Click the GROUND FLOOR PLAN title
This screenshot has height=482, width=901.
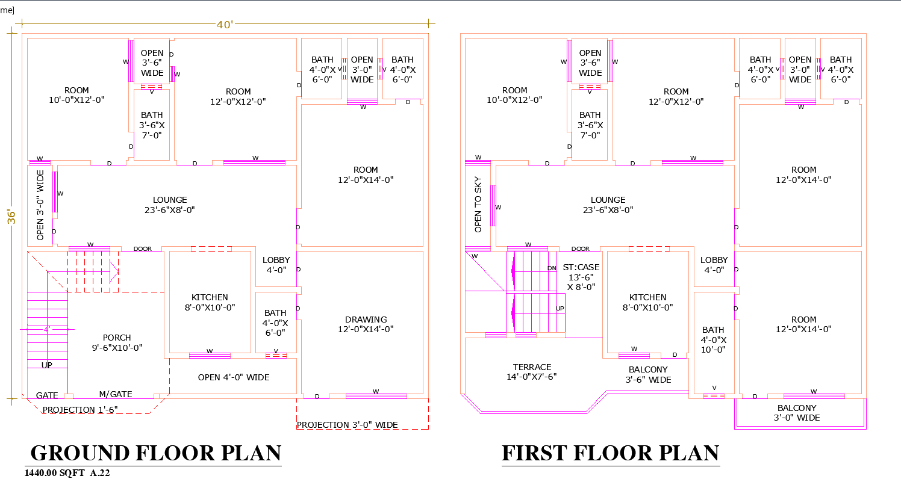tap(155, 453)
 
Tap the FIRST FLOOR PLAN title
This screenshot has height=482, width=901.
tap(610, 453)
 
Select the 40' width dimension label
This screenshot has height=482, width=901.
tap(225, 24)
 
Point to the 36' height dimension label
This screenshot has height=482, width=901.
tap(11, 217)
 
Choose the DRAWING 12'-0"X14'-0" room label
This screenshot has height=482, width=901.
tap(366, 324)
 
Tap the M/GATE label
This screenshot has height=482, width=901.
tap(115, 394)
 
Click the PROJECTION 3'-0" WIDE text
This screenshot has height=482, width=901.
tap(347, 425)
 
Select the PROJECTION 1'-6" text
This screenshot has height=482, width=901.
tap(80, 409)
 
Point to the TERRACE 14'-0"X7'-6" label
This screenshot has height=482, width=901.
tap(532, 372)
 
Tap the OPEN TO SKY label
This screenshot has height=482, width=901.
tap(478, 205)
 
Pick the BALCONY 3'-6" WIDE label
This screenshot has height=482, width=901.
tap(648, 374)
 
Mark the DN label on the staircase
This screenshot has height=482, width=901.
tap(552, 268)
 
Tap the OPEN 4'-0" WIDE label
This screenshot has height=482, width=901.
tap(234, 377)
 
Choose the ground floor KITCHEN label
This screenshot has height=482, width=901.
tap(210, 302)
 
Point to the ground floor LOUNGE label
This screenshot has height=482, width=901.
tap(170, 205)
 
